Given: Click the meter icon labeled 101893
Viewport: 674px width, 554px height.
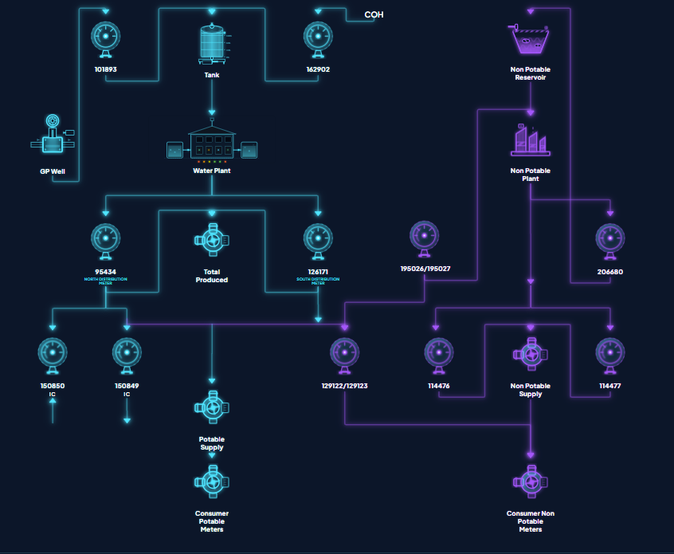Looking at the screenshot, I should click(x=106, y=38).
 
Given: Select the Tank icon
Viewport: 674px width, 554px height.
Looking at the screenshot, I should click(x=212, y=42).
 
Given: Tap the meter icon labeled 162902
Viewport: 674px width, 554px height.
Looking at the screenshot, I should click(x=318, y=38).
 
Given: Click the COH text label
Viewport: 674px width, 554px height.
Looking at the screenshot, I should click(x=374, y=14).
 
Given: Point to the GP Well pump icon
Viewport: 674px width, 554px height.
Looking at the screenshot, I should click(x=52, y=139).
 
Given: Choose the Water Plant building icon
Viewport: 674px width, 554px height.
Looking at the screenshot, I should click(x=212, y=144).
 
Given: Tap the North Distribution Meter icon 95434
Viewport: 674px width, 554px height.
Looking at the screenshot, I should click(x=106, y=240).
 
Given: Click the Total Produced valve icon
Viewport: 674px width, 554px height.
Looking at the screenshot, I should click(x=212, y=240).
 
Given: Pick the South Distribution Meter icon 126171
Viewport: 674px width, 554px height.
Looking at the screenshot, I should click(x=318, y=240).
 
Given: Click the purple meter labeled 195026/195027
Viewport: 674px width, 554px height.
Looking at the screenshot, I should click(x=425, y=237).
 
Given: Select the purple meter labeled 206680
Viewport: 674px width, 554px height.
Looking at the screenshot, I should click(x=610, y=240).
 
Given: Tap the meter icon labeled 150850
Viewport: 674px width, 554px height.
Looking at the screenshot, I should click(x=53, y=355).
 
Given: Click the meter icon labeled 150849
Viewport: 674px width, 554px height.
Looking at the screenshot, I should click(x=127, y=355).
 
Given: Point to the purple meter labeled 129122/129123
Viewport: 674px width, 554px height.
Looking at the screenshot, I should click(x=344, y=355).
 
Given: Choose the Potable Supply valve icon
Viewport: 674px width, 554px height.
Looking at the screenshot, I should click(x=212, y=407).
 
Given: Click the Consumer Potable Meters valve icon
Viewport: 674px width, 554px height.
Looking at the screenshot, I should click(x=212, y=481).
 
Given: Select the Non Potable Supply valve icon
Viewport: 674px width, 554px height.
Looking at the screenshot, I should click(x=530, y=355).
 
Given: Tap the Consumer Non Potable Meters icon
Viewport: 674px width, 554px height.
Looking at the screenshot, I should click(x=530, y=481).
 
